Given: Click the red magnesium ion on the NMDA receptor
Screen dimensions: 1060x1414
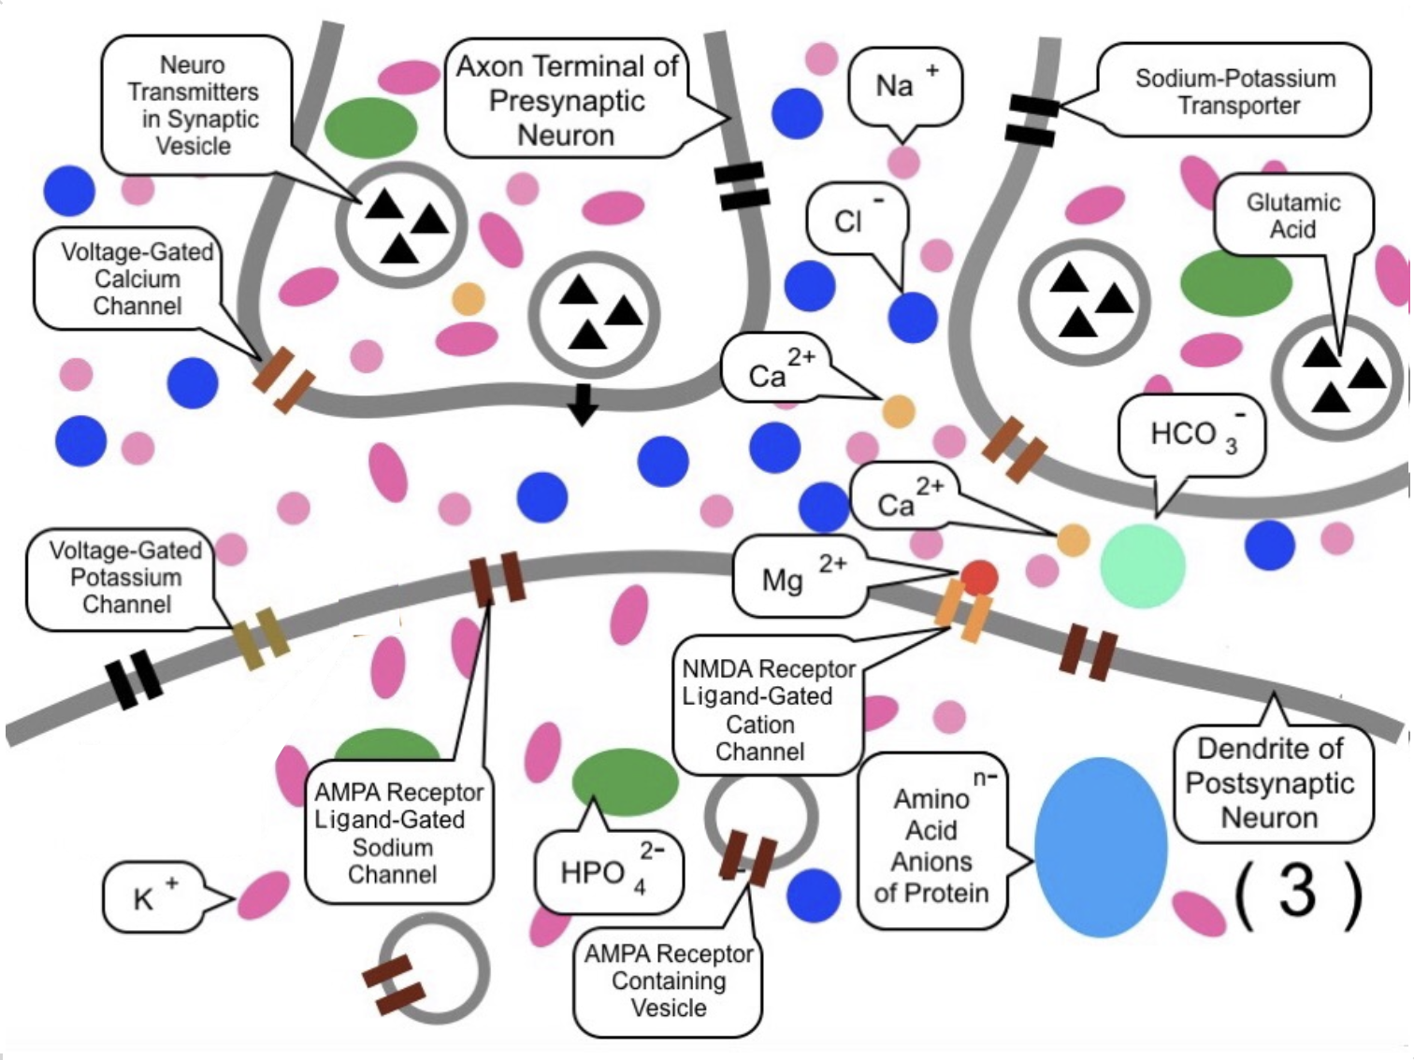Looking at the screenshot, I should [979, 578].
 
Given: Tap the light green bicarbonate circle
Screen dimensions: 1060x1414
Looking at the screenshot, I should [1142, 566].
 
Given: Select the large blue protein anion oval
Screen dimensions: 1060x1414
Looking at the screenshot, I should [1101, 847].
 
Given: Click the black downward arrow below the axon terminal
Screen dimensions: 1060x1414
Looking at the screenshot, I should [584, 403].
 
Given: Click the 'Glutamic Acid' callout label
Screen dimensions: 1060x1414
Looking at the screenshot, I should [1292, 216].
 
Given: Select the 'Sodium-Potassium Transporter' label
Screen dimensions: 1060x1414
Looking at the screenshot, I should [1234, 92].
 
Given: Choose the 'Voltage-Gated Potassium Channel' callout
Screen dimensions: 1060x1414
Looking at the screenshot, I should [123, 578].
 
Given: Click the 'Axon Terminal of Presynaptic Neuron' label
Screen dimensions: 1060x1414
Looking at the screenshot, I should [567, 100].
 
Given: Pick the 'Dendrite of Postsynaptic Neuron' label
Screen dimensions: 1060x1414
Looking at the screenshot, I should [1270, 783].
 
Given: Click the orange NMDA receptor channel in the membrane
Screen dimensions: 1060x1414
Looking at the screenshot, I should [963, 611].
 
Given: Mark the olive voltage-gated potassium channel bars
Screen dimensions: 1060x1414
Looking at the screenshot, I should [261, 638].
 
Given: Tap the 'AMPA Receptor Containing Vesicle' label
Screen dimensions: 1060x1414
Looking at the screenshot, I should [668, 981].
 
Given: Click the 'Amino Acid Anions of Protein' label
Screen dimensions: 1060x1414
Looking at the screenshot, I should [931, 845].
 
